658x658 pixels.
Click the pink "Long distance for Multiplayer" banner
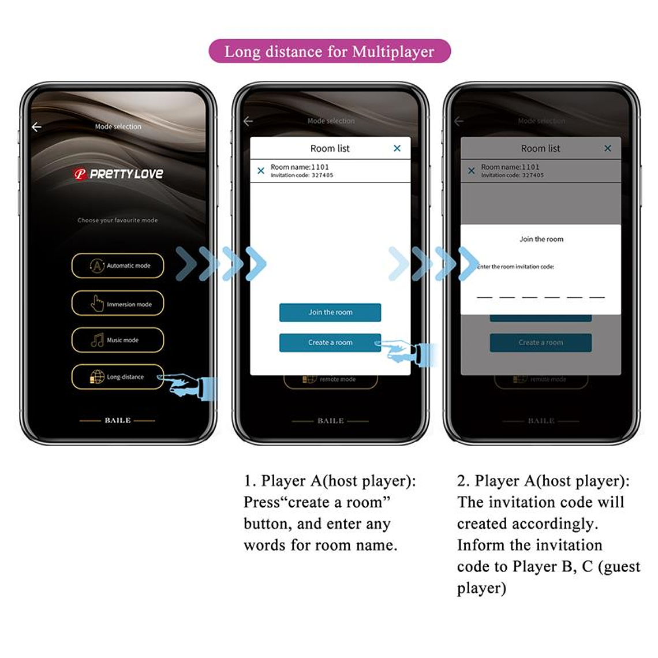(x=329, y=51)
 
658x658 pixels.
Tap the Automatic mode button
(x=118, y=266)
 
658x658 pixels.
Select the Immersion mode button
(x=118, y=304)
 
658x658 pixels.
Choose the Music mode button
(x=118, y=340)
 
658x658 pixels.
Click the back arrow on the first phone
(x=37, y=127)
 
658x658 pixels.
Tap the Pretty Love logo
(x=118, y=174)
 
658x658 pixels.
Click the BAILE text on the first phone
(x=118, y=420)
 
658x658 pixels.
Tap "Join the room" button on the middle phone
(x=330, y=312)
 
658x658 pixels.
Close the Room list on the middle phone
(x=397, y=148)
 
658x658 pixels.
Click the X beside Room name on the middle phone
(x=261, y=171)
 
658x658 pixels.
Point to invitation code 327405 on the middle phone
(x=322, y=175)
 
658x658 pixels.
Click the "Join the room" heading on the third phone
(x=541, y=239)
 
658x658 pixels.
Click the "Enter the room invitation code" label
(x=515, y=267)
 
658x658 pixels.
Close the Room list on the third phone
(x=608, y=148)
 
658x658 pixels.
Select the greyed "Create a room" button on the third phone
(x=540, y=342)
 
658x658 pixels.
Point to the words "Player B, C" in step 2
(x=552, y=567)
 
